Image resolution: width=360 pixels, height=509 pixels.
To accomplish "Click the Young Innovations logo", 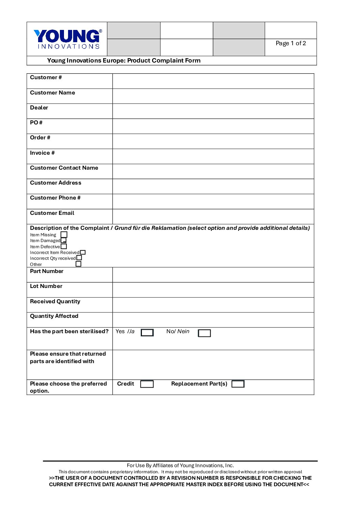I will pos(68,39).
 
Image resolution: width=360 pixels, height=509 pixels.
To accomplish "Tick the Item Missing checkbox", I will pos(64,235).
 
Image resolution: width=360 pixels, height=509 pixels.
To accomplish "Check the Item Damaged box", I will pos(64,240).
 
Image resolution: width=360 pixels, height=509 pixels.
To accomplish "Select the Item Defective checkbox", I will pos(64,247).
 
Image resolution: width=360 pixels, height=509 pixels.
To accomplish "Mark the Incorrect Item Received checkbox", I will pos(83,252).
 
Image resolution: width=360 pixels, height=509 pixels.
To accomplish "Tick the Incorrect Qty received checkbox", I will pos(79,258).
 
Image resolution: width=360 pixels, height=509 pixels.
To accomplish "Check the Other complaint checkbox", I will pos(79,264).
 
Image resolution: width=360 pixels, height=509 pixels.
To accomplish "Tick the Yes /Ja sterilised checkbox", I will pos(147,333).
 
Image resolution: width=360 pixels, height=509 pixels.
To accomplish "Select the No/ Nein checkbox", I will pos(204,333).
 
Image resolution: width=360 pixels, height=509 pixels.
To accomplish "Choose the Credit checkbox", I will pos(147,384).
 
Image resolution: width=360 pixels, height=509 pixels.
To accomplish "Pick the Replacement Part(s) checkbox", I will pos(238,384).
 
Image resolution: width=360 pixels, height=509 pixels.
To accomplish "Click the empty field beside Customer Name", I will pos(213,96).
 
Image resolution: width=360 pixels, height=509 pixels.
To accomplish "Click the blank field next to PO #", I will pos(213,126).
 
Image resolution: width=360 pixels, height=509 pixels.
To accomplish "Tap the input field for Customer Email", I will pos(213,217).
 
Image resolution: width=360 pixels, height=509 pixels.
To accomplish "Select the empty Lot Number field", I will pos(213,290).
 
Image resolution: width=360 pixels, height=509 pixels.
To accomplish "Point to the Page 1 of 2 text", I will pos(291,43).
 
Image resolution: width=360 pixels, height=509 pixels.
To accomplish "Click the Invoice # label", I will pos(42,153).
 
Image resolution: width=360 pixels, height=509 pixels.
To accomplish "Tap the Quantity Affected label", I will pos(54,316).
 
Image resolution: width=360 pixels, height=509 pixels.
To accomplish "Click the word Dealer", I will pos(39,108).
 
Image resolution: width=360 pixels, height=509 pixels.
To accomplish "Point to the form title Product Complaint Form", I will pos(124,61).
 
